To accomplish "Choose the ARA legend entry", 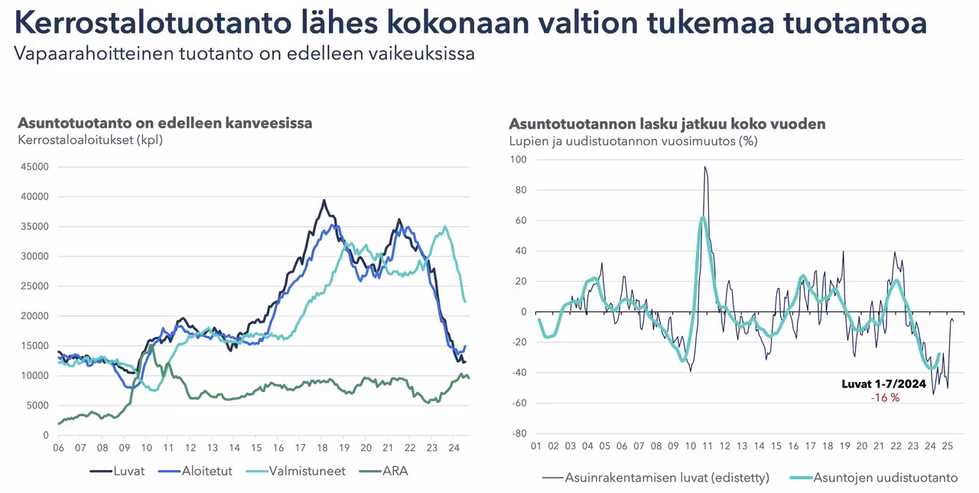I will coord(394,471).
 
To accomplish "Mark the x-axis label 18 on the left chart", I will coord(322,448).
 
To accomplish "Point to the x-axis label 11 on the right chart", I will coord(707,446).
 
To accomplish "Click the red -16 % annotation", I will coord(885,398).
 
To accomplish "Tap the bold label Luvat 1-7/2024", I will coord(884,384).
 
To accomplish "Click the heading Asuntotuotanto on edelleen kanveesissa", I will coord(165,123).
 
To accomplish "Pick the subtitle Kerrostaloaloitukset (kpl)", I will coord(90,140).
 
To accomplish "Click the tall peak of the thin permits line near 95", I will coord(704,168).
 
